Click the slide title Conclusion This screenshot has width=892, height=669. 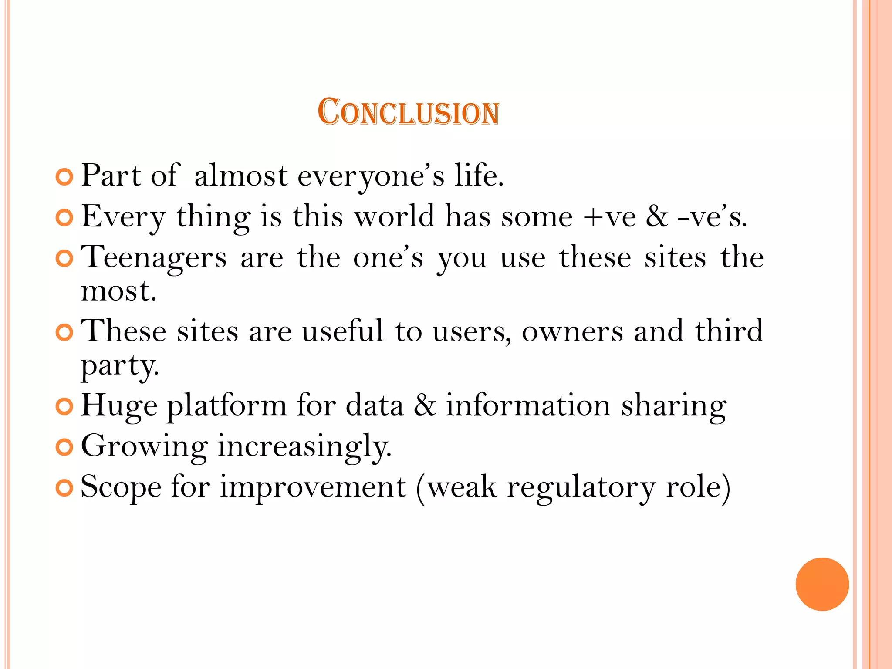pyautogui.click(x=408, y=112)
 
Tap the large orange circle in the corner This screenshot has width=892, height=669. pyautogui.click(x=822, y=584)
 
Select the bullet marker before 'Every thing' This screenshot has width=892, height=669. pyautogui.click(x=64, y=218)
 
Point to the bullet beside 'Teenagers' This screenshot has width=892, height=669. pyautogui.click(x=64, y=259)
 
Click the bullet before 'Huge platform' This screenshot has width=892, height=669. pyautogui.click(x=64, y=407)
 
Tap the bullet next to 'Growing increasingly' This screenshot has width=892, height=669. pyautogui.click(x=64, y=447)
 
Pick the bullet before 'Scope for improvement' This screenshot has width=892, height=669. pyautogui.click(x=64, y=488)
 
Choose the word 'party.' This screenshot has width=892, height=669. pyautogui.click(x=120, y=366)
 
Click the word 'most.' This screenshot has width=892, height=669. pyautogui.click(x=118, y=291)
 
